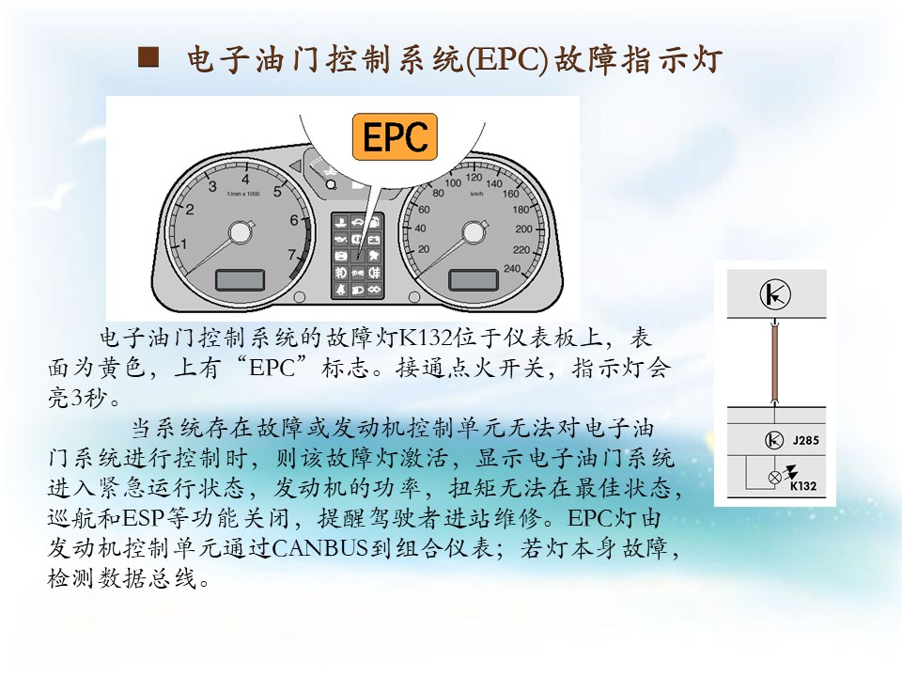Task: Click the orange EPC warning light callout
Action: click(x=395, y=136)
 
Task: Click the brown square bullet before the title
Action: click(x=148, y=58)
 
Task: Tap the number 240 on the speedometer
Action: click(x=511, y=268)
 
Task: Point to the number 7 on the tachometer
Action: click(x=291, y=254)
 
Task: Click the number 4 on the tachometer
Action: click(x=245, y=180)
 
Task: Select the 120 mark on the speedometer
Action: click(x=474, y=178)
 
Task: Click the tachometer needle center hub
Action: click(x=239, y=233)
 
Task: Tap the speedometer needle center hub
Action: click(x=473, y=232)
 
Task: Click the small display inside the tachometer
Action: click(x=240, y=280)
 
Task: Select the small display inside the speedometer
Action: click(x=473, y=280)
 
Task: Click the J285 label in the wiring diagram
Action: click(x=805, y=440)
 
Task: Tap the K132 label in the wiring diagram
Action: click(x=803, y=486)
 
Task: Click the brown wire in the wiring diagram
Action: click(x=775, y=362)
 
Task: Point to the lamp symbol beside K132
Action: click(x=775, y=477)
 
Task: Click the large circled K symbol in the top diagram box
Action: click(x=775, y=294)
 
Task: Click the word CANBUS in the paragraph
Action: click(x=319, y=547)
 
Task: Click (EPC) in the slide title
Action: click(x=506, y=60)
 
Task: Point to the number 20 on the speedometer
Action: click(x=424, y=249)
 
